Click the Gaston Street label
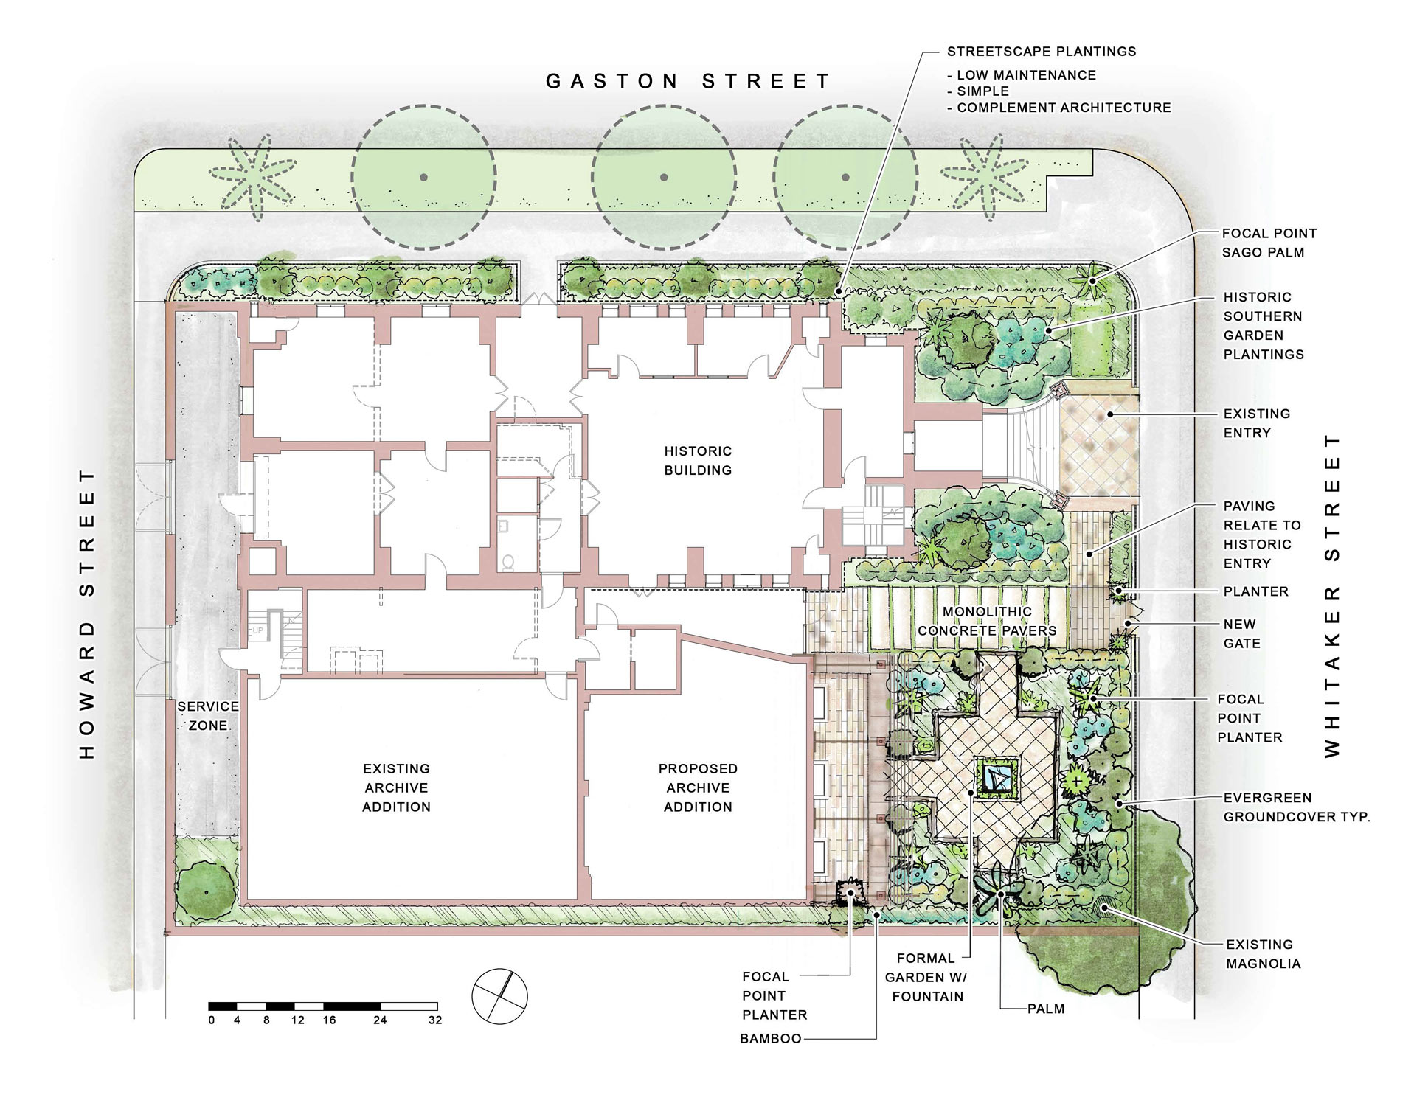tap(688, 81)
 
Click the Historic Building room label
tap(698, 461)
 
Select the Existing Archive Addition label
tap(396, 787)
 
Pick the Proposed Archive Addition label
tap(698, 787)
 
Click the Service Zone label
tap(208, 716)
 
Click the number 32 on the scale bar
tap(434, 1020)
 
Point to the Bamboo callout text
tap(771, 1039)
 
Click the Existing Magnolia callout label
tap(1264, 954)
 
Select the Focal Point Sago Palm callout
tap(1269, 243)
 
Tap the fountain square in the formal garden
tap(997, 776)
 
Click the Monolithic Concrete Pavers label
tap(987, 622)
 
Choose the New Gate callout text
tap(1241, 633)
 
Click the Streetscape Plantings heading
tap(1041, 52)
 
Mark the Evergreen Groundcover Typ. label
tap(1296, 807)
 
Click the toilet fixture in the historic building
tap(508, 563)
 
